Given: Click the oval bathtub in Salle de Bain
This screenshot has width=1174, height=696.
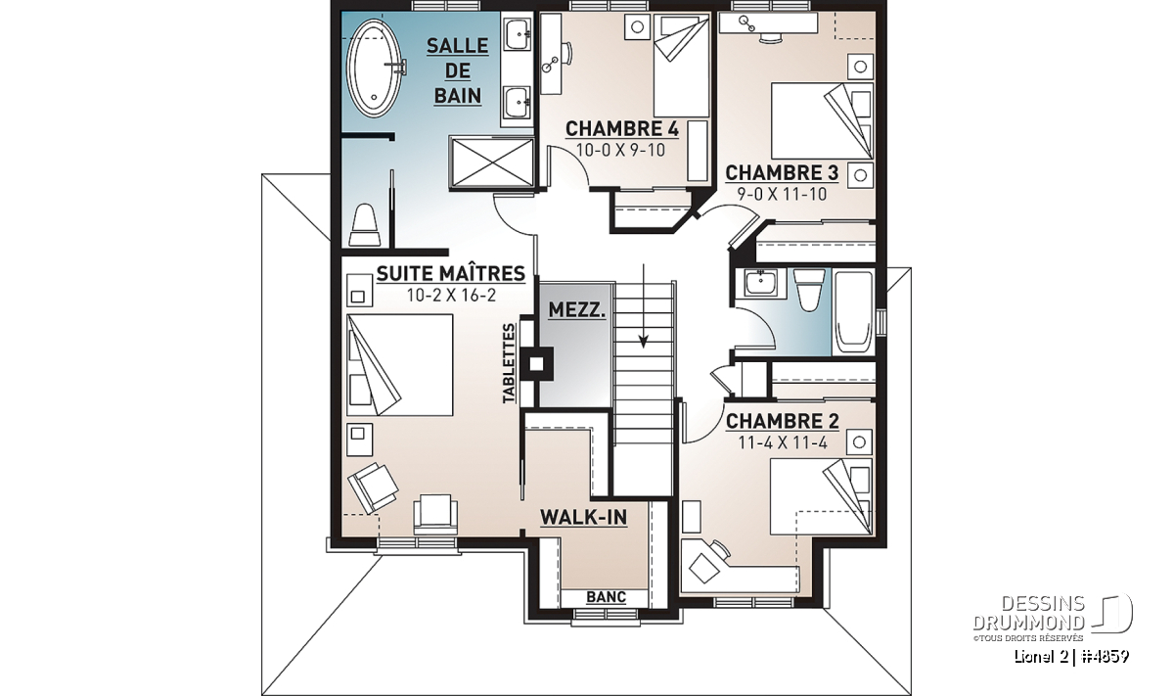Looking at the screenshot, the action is point(375,69).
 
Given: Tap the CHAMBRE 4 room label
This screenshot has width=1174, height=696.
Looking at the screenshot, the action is point(622,128).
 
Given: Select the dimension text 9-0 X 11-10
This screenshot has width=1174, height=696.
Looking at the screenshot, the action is point(782,195).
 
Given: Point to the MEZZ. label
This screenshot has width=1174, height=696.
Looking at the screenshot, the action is point(576,310).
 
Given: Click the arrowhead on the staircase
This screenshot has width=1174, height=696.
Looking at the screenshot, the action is point(644,342).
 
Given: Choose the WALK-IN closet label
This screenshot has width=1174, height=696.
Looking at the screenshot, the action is point(583,518).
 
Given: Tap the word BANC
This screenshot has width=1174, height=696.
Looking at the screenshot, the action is point(606,597).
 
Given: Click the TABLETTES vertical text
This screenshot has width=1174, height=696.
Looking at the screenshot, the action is point(509,363).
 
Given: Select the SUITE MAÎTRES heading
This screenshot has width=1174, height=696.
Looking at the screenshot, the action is point(451,273).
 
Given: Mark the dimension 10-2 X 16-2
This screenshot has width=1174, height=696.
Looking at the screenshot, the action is point(451,296).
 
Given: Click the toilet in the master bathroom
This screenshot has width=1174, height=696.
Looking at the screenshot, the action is point(365,225).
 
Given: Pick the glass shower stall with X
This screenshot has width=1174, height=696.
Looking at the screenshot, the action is point(491,162).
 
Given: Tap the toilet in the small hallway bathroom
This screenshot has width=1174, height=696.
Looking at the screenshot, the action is point(809,291).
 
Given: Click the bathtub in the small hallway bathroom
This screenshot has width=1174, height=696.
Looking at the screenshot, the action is point(854,312).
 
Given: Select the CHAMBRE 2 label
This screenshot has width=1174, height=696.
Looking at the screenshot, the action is point(782,421).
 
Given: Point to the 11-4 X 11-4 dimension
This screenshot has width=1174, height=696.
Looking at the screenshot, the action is point(783,443).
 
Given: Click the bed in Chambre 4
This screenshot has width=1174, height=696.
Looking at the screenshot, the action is point(681,66).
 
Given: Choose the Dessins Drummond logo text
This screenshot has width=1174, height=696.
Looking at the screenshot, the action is point(1029,613).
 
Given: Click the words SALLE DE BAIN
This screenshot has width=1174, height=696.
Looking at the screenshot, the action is point(458,70).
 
